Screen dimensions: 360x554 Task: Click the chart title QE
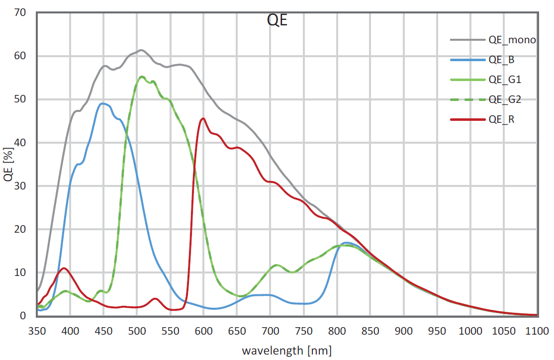tap(277, 20)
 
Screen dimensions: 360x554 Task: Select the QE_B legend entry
tap(501, 60)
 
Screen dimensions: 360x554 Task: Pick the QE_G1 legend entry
tap(504, 80)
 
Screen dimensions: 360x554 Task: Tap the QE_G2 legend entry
tap(504, 99)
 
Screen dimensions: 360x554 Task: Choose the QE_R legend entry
tap(501, 119)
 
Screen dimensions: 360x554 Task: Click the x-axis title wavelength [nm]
tap(286, 351)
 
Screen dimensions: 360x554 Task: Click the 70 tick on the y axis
tap(20, 13)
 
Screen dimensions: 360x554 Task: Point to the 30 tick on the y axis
tap(20, 186)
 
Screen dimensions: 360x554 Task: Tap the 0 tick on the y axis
tap(23, 316)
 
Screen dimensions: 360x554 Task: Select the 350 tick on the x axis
tap(37, 331)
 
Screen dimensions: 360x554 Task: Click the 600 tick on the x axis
tap(203, 331)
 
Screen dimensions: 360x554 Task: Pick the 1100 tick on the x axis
tap(537, 331)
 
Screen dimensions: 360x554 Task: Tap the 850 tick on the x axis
tap(370, 331)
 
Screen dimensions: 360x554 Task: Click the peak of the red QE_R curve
tap(203, 118)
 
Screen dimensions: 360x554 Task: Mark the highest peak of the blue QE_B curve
tap(103, 103)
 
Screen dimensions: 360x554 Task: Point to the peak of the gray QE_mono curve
tap(141, 50)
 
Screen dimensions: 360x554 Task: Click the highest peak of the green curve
tap(142, 77)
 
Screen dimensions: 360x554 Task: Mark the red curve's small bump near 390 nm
tap(63, 268)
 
